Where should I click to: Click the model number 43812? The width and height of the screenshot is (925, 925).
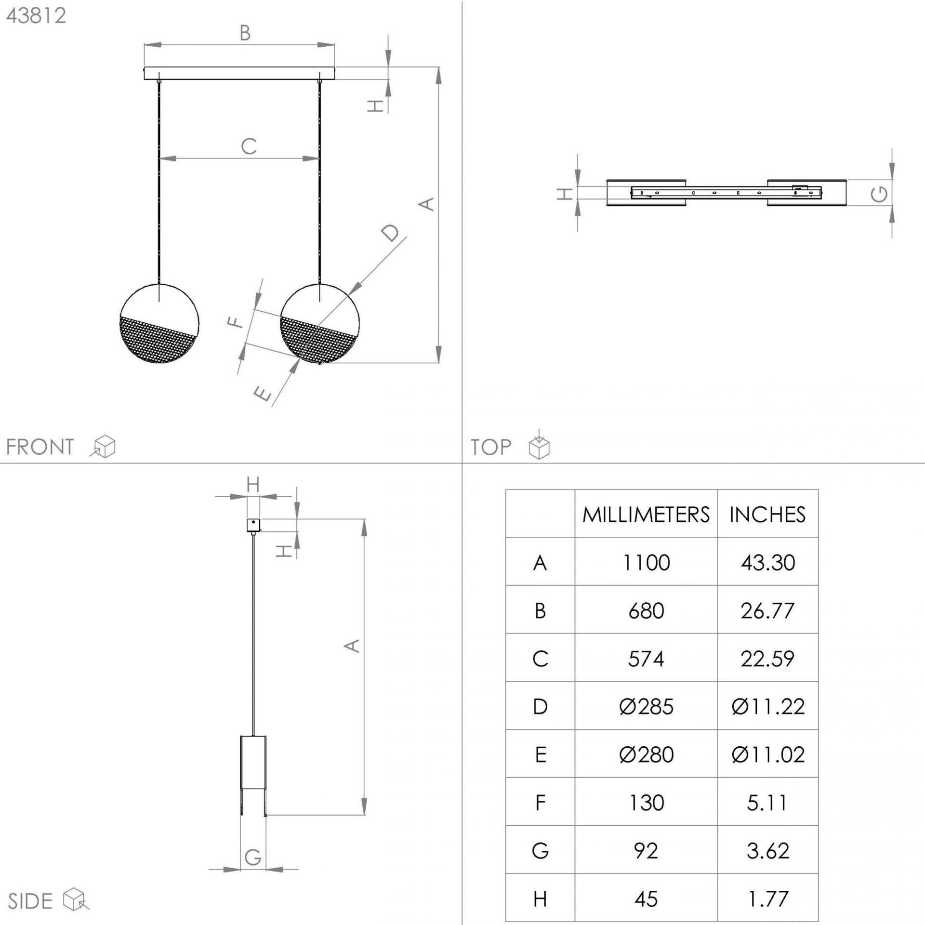36,16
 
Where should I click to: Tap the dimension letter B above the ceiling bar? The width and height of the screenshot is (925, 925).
245,33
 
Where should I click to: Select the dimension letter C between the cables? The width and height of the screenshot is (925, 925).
249,146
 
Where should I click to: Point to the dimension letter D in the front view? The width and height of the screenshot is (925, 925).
391,233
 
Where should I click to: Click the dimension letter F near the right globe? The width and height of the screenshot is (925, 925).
236,322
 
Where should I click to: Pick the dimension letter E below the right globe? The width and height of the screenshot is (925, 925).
263,394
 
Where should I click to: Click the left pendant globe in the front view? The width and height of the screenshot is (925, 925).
159,323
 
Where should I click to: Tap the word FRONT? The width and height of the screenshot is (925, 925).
40,447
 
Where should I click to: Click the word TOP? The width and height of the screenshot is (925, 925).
491,447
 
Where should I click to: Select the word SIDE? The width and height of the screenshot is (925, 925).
30,901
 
